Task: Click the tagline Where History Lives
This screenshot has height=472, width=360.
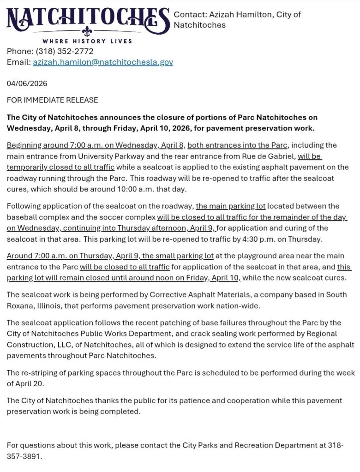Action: pos(88,41)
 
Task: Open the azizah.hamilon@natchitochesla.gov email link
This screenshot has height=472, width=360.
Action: pos(103,62)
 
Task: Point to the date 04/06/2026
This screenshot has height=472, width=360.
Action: pos(27,84)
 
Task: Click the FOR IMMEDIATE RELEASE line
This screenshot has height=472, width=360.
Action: pos(52,100)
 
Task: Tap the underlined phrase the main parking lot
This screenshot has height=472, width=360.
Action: pos(231,206)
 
